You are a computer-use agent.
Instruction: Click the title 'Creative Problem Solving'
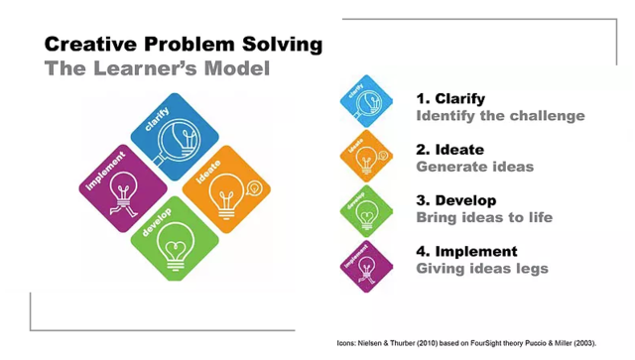click(184, 45)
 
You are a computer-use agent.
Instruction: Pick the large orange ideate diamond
click(227, 188)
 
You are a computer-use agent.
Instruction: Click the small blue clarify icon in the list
click(366, 100)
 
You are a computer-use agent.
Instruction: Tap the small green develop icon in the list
click(366, 210)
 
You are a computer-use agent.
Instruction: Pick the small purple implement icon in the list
click(366, 265)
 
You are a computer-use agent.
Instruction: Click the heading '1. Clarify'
click(450, 98)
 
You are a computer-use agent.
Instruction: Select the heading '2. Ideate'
click(449, 150)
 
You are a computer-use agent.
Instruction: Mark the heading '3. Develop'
click(455, 200)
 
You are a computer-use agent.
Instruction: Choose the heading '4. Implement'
click(466, 251)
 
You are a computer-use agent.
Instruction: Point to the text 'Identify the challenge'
click(500, 116)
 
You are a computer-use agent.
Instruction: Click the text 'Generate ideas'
click(474, 167)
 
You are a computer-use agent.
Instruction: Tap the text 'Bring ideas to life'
click(483, 217)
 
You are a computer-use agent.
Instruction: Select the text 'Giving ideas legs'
click(481, 268)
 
